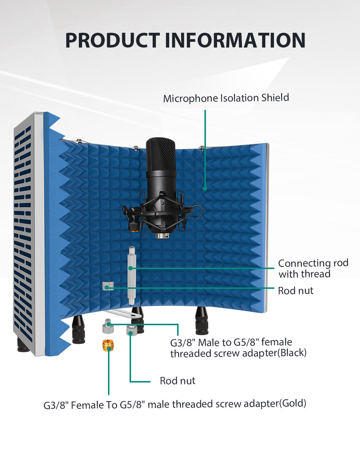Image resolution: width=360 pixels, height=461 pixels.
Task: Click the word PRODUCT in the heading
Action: tap(112, 40)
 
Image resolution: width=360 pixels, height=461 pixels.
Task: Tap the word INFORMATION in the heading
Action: tap(235, 40)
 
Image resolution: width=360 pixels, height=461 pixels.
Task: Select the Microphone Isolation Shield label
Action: tap(226, 98)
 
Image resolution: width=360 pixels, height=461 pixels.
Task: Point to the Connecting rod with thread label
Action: tap(313, 268)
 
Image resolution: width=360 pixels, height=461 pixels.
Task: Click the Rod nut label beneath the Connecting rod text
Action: tap(295, 290)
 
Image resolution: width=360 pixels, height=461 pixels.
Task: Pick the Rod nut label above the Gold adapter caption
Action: tap(177, 380)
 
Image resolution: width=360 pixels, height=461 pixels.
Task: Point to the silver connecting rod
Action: tap(132, 276)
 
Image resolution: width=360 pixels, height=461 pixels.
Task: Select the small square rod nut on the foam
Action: tap(108, 286)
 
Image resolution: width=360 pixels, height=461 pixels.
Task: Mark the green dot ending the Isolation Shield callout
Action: tap(205, 189)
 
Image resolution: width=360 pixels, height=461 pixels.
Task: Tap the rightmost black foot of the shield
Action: tap(202, 321)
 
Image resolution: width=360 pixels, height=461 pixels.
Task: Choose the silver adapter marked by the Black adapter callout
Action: tap(108, 326)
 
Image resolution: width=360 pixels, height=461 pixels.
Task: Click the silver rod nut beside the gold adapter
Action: tap(131, 330)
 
